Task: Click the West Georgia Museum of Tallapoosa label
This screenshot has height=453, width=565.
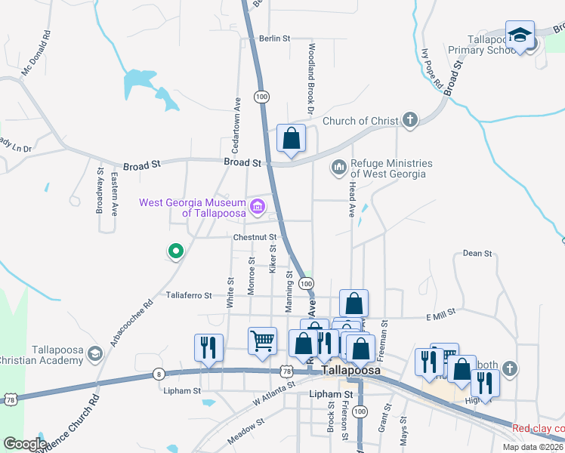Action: [x=193, y=208]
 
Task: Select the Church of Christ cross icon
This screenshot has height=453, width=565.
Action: [x=409, y=120]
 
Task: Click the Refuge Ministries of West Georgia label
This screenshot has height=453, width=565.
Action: [x=391, y=168]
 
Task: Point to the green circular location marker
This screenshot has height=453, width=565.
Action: [x=175, y=251]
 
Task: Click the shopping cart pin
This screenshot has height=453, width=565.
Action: [x=262, y=341]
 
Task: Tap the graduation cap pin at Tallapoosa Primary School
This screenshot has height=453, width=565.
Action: [x=520, y=35]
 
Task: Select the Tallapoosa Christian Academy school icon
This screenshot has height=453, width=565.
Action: [x=95, y=353]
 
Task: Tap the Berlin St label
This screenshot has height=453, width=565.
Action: [x=274, y=38]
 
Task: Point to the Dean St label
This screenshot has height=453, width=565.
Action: [x=477, y=254]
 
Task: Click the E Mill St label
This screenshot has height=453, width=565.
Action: [x=441, y=312]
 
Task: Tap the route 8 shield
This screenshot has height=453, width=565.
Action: [x=158, y=373]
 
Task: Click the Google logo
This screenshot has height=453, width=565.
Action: [x=25, y=444]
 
